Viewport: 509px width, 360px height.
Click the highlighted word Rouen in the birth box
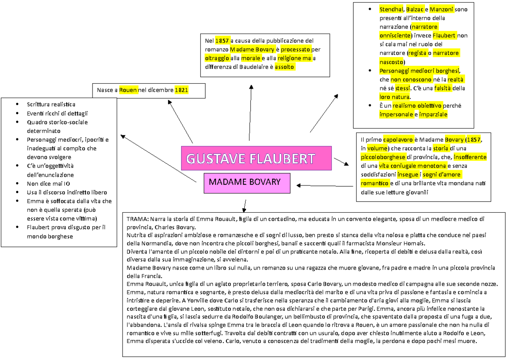click(x=128, y=90)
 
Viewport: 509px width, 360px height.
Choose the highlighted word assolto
click(x=284, y=67)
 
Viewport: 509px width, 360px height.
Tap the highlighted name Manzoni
click(x=442, y=9)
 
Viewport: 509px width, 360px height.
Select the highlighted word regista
click(x=417, y=53)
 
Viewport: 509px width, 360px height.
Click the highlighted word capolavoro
click(x=397, y=139)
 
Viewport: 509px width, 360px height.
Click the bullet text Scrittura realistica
click(x=51, y=104)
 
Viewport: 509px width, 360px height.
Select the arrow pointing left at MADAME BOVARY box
click(x=324, y=186)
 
